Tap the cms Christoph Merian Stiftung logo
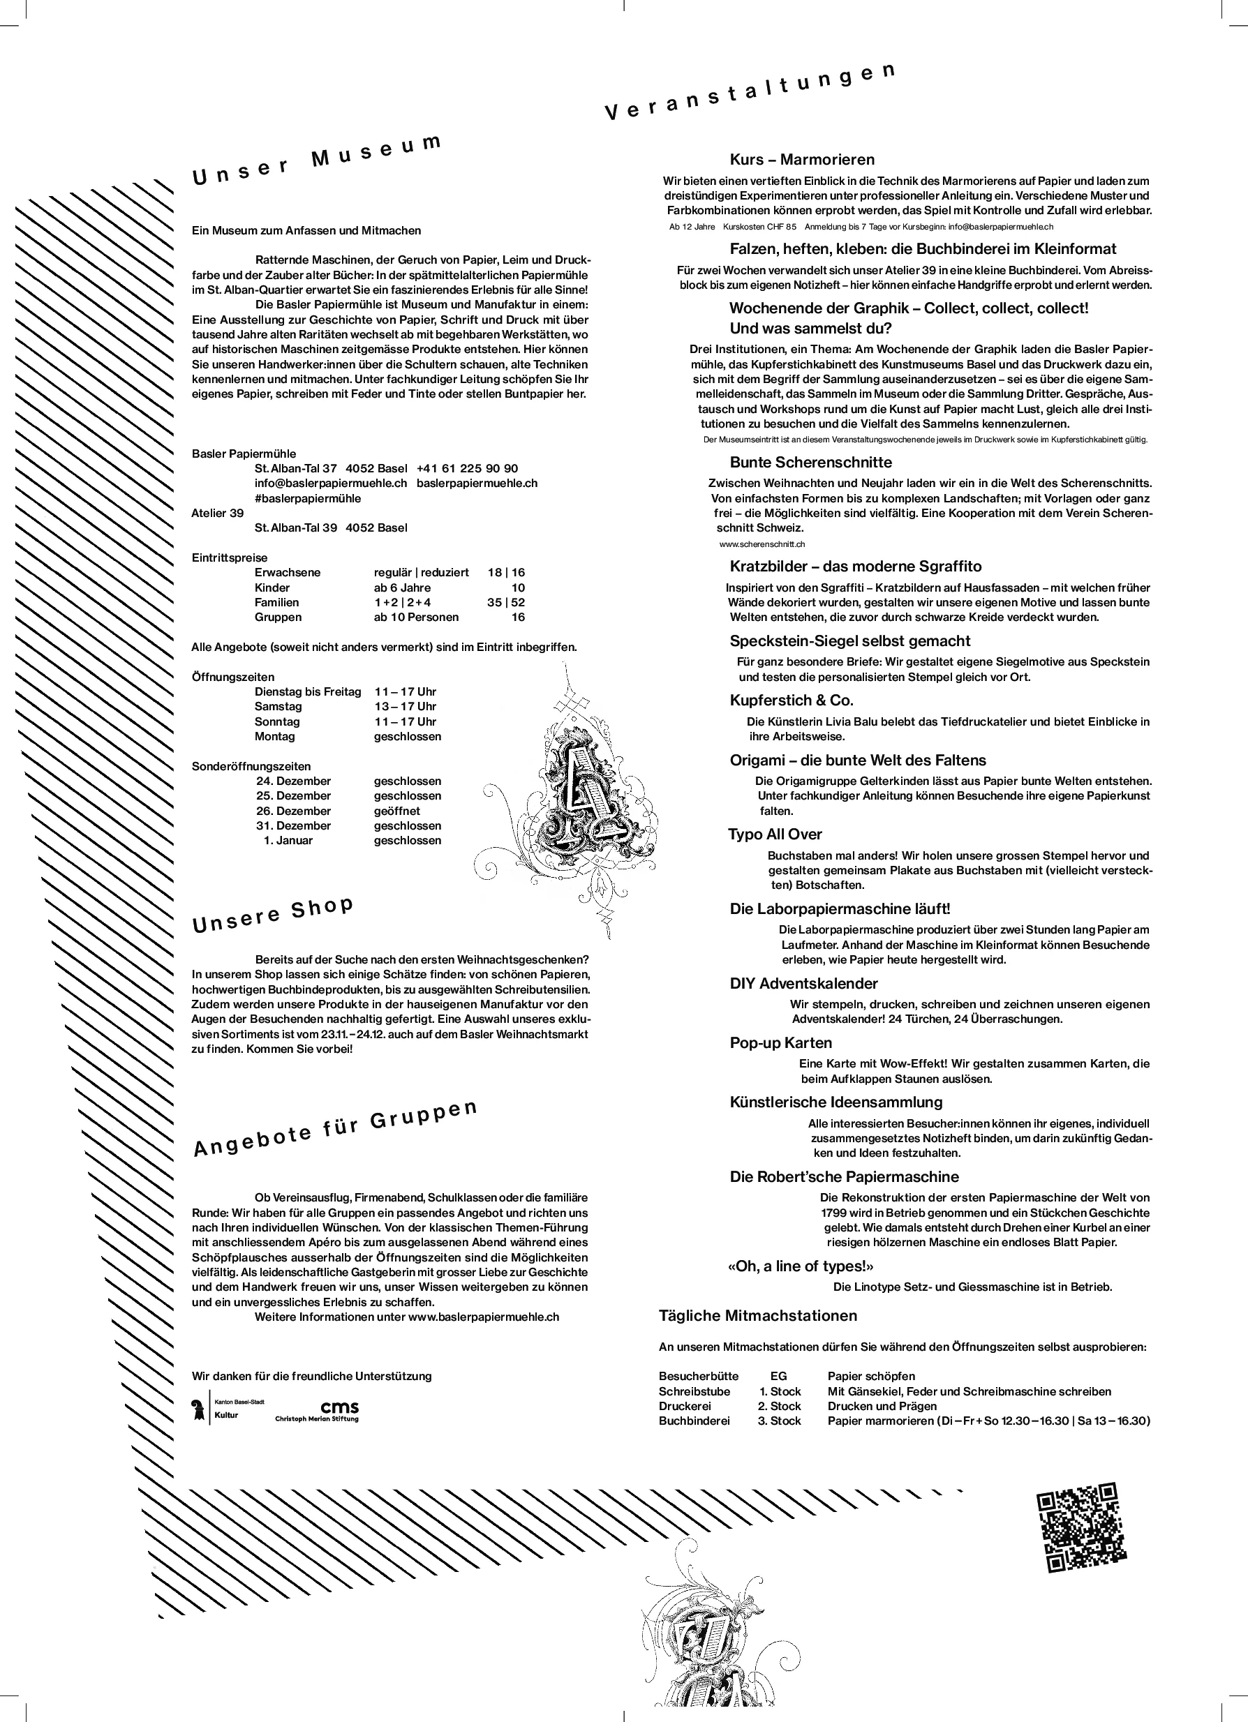[317, 1412]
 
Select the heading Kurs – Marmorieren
[801, 160]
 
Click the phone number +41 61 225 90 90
[467, 468]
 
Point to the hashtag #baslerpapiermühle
[308, 499]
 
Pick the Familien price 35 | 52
[506, 602]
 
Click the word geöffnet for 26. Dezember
[396, 811]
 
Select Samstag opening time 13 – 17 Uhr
[405, 707]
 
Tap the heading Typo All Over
[775, 834]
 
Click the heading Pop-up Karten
[781, 1043]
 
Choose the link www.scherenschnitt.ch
[762, 544]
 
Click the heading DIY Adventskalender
[803, 984]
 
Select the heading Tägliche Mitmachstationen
[758, 1316]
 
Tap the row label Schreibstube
[694, 1392]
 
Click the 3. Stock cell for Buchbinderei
[780, 1421]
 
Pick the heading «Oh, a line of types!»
[801, 1266]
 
